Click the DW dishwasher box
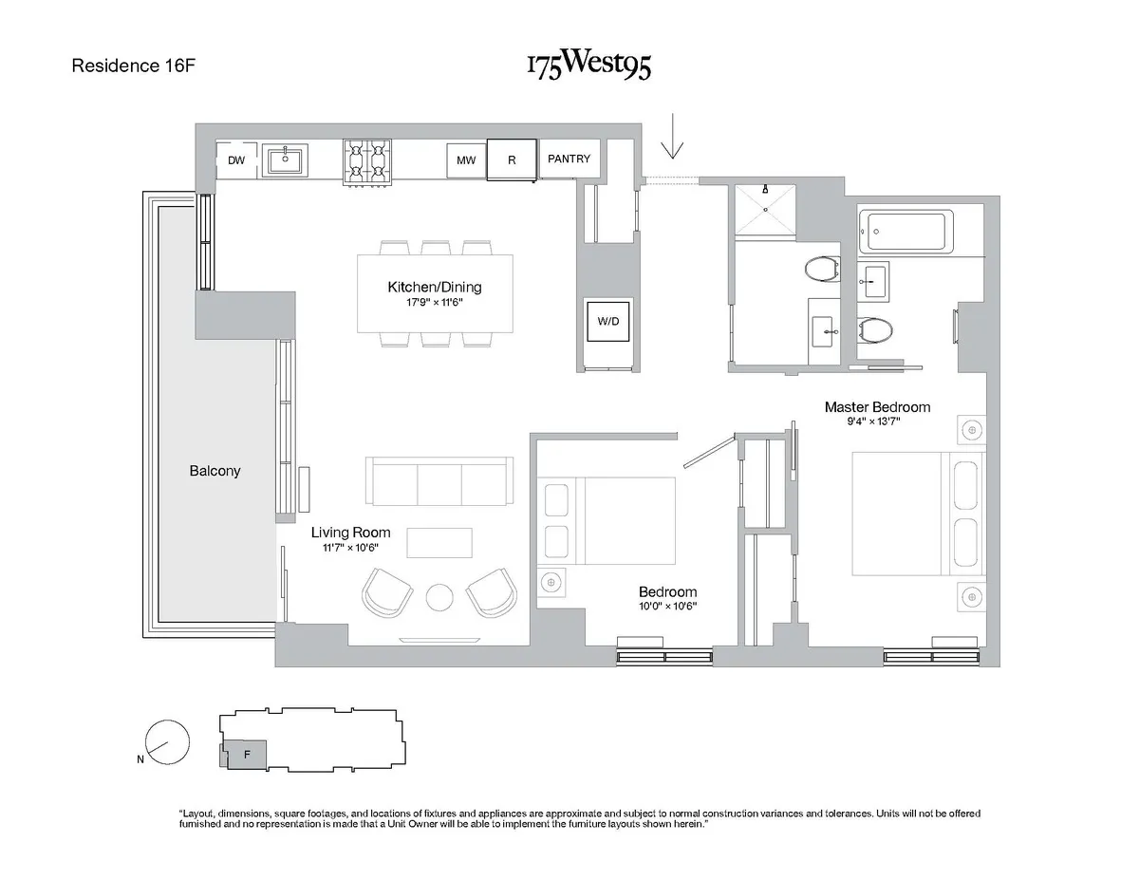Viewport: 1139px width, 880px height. tap(236, 160)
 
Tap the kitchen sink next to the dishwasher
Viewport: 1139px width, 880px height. tap(283, 159)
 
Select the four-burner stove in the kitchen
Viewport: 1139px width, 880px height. tap(367, 160)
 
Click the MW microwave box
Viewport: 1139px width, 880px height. tap(466, 160)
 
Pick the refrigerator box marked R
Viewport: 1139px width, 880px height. tap(512, 159)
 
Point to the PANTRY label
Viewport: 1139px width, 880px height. tap(569, 159)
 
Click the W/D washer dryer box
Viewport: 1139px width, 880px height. tap(607, 321)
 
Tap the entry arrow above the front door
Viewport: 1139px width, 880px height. tap(673, 136)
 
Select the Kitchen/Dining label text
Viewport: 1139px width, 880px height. tap(435, 288)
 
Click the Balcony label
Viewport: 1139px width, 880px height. tap(215, 471)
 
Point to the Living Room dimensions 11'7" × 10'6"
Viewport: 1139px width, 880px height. tap(351, 549)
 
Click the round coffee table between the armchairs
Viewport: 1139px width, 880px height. tap(440, 596)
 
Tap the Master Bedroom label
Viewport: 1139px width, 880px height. tap(877, 407)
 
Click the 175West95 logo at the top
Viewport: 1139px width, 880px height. tap(588, 66)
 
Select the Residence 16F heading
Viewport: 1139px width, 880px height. tap(134, 66)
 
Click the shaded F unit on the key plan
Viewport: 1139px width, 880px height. tap(246, 755)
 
